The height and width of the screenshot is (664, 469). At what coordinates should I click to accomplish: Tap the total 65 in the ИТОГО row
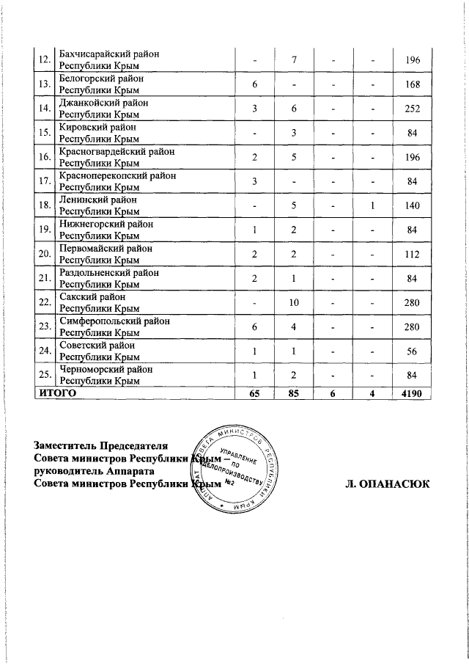tap(254, 394)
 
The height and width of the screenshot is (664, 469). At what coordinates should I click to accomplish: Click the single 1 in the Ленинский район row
tap(373, 207)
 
